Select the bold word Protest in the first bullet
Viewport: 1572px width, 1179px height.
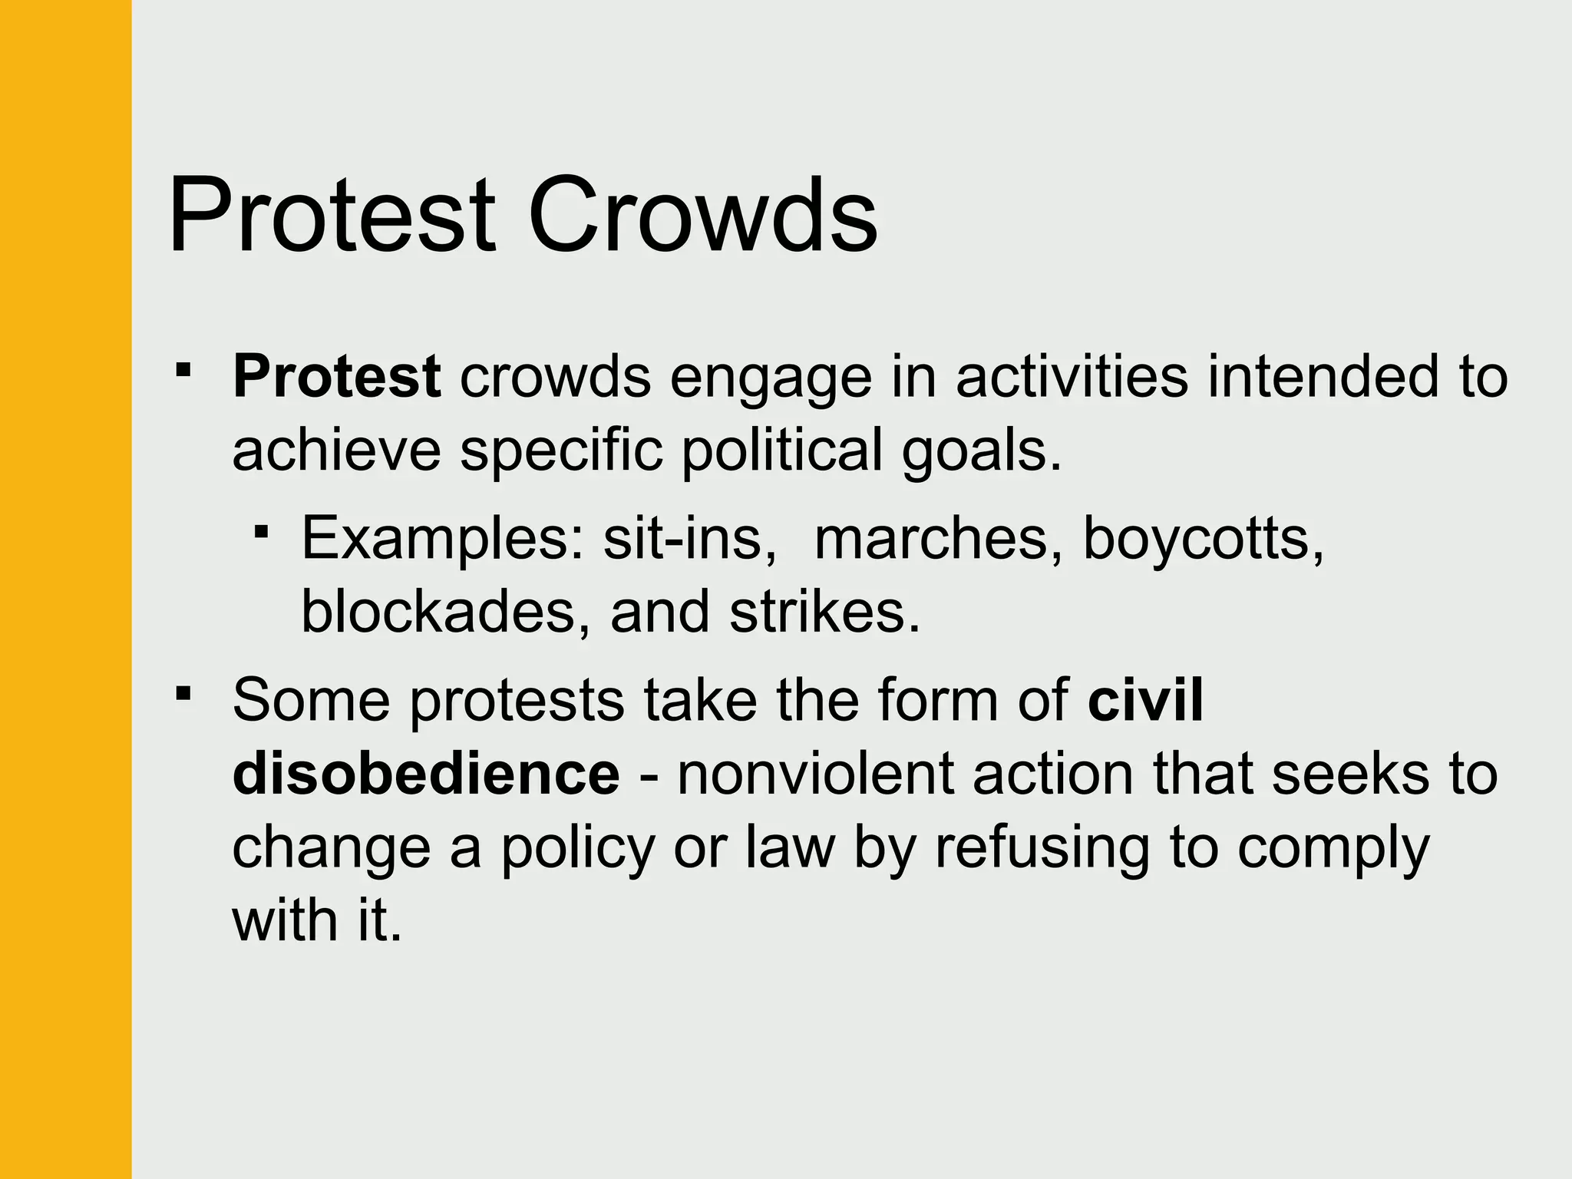(x=336, y=377)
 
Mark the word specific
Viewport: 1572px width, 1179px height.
(x=561, y=451)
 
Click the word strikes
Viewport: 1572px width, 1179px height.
(x=824, y=612)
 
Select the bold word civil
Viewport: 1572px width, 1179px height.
(x=1145, y=699)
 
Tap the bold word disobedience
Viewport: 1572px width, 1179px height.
(x=426, y=773)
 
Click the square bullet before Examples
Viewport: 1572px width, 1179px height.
(x=262, y=530)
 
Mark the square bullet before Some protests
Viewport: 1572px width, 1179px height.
(x=183, y=694)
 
